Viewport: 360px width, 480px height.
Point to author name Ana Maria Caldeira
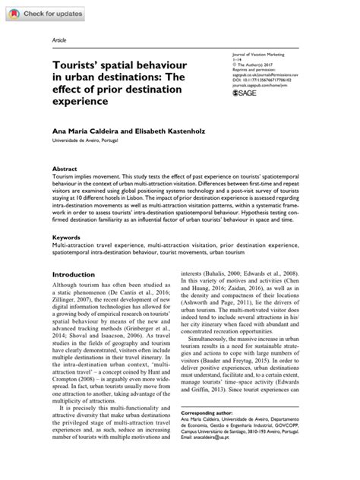(85, 132)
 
